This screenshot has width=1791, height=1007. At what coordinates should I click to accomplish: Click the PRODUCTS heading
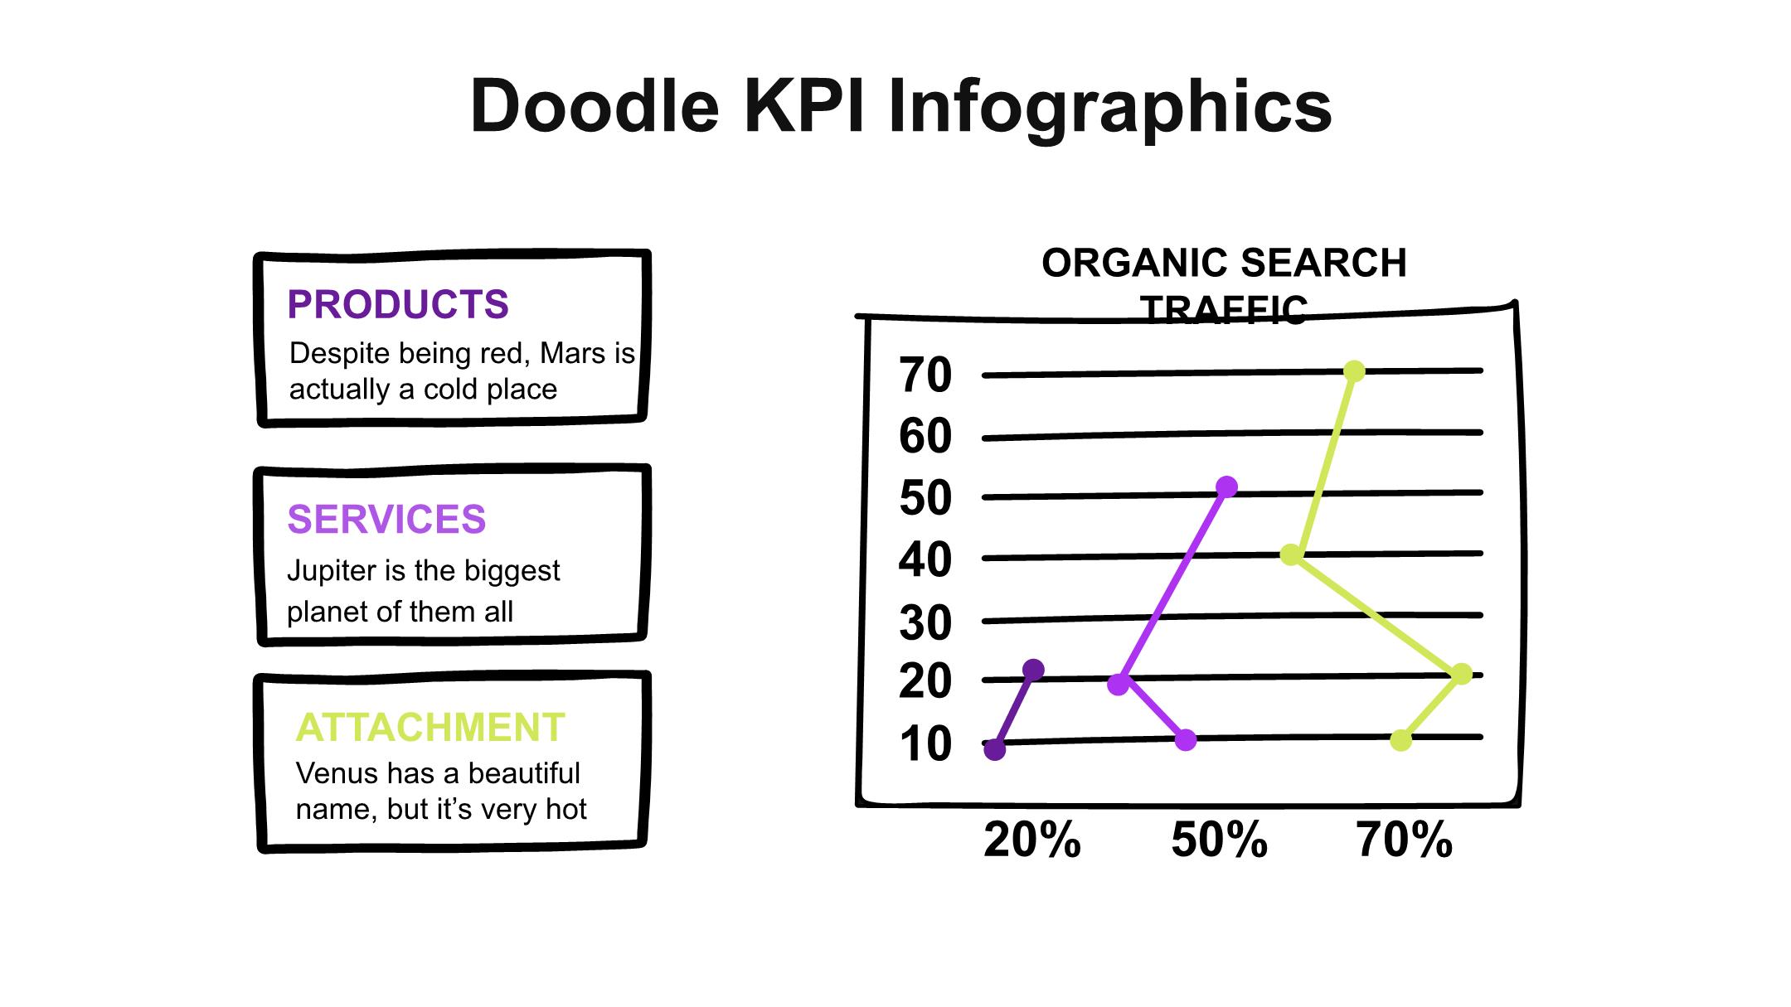pyautogui.click(x=398, y=304)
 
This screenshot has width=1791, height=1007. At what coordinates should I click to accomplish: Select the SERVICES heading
pyautogui.click(x=386, y=520)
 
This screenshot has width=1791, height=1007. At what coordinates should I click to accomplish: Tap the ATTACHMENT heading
pyautogui.click(x=430, y=728)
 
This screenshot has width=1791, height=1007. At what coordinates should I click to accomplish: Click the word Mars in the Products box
pyautogui.click(x=574, y=353)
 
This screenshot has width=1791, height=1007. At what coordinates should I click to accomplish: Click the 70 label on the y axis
pyautogui.click(x=925, y=375)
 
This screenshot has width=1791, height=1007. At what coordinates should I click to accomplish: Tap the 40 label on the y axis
pyautogui.click(x=925, y=559)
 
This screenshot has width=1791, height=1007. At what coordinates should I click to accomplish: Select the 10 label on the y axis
pyautogui.click(x=925, y=744)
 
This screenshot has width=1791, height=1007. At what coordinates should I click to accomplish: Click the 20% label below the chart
pyautogui.click(x=1032, y=840)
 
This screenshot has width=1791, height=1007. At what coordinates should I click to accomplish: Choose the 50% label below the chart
pyautogui.click(x=1220, y=840)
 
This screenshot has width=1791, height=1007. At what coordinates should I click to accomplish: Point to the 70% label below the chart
pyautogui.click(x=1405, y=840)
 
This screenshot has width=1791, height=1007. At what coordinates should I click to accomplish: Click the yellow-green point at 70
pyautogui.click(x=1354, y=371)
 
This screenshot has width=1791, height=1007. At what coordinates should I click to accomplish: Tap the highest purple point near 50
pyautogui.click(x=1226, y=487)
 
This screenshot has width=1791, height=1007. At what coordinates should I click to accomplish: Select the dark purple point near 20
pyautogui.click(x=1033, y=670)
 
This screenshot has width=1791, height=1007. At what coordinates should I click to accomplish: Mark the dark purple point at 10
pyautogui.click(x=995, y=750)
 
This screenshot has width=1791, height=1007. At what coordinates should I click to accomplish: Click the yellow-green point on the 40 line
pyautogui.click(x=1291, y=554)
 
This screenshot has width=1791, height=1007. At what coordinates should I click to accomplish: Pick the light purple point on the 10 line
pyautogui.click(x=1186, y=740)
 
